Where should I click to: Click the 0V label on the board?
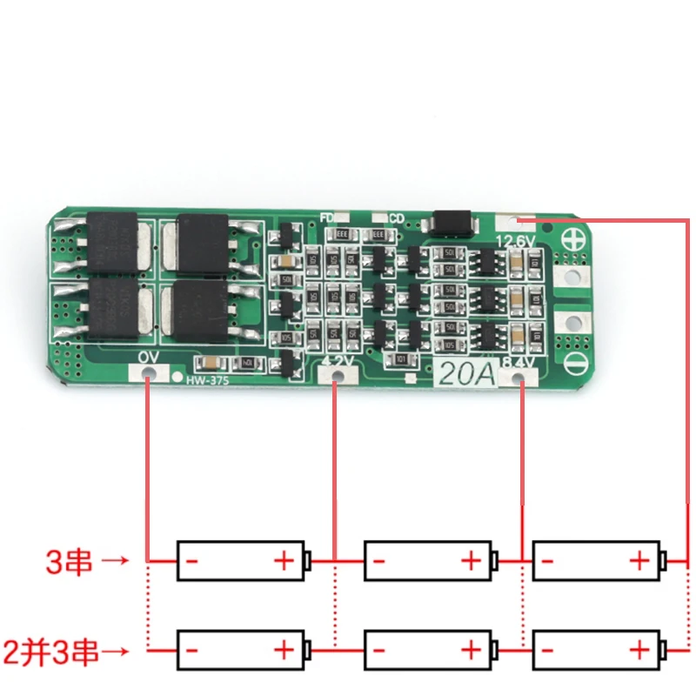pyautogui.click(x=149, y=358)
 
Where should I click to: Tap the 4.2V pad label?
pyautogui.click(x=337, y=359)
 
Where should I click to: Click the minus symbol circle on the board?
pyautogui.click(x=572, y=364)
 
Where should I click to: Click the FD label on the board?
pyautogui.click(x=328, y=217)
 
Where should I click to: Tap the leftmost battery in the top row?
pyautogui.click(x=242, y=560)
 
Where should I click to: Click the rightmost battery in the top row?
pyautogui.click(x=598, y=560)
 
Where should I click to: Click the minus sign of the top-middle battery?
pyautogui.click(x=378, y=561)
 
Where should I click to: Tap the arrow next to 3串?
pyautogui.click(x=115, y=561)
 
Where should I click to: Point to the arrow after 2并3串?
pyautogui.click(x=115, y=650)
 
